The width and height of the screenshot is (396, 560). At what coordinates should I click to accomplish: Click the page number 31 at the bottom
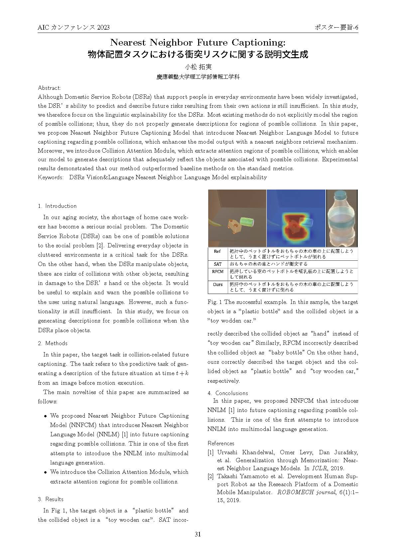pos(198,534)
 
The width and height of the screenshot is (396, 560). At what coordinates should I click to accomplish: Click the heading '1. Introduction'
pos(57,206)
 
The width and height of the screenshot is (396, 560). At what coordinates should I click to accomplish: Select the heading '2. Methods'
pos(53,343)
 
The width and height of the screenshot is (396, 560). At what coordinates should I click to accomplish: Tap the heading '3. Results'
pos(51,499)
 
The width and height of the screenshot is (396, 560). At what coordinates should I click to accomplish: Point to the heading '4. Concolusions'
pos(228,393)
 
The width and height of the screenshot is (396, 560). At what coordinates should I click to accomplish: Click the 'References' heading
pos(221,443)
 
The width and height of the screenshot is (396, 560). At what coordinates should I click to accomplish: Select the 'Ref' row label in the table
pos(217,251)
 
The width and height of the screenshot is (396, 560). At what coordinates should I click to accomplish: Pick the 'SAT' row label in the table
pos(217,264)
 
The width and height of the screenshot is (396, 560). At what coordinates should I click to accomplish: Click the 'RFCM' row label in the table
pos(217,272)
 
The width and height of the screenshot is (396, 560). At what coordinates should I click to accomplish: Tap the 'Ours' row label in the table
pos(217,284)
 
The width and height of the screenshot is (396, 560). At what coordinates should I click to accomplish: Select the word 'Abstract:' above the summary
pos(50,88)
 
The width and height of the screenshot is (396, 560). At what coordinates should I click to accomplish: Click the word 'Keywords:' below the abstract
pos(51,177)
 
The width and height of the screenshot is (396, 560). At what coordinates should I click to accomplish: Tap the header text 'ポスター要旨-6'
pos(336,28)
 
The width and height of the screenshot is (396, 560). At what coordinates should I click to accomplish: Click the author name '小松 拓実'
pos(198,67)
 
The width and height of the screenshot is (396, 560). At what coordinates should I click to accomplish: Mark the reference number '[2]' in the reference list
pos(210,476)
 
